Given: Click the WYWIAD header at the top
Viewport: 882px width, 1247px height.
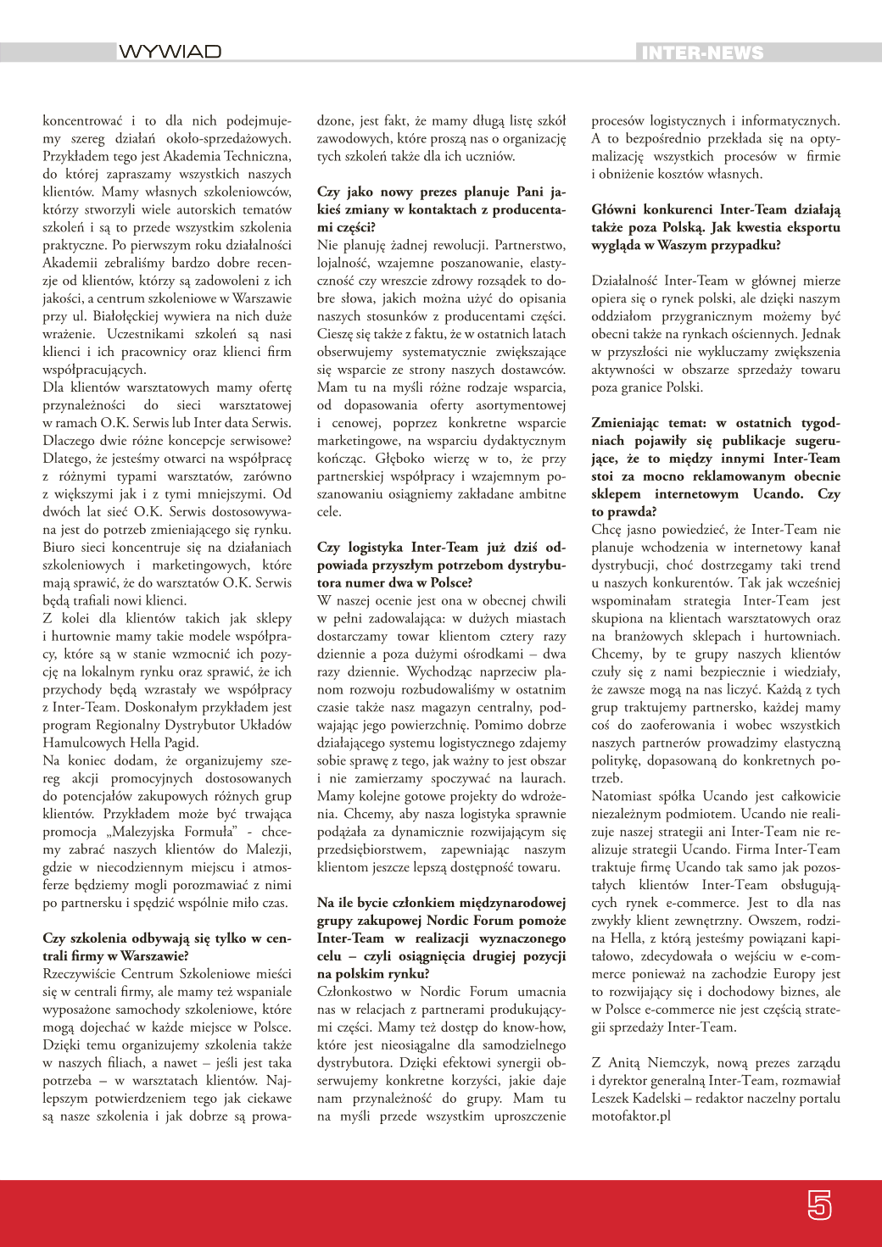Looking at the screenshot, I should [x=170, y=53].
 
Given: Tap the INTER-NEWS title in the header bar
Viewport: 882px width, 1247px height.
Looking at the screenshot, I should [x=702, y=53].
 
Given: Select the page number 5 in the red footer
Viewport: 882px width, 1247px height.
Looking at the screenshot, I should [x=819, y=1205].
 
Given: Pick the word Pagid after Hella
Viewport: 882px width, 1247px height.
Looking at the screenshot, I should [x=180, y=743].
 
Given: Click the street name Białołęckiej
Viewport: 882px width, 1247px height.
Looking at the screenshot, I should [x=131, y=316].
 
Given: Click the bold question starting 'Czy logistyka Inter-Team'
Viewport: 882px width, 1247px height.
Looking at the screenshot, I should [x=441, y=565].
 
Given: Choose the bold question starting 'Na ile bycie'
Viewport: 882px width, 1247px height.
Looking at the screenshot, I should [x=441, y=938].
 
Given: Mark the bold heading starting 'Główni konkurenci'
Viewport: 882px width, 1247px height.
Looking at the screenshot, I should [x=716, y=227].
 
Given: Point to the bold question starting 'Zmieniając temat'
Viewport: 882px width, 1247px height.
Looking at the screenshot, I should [x=716, y=467].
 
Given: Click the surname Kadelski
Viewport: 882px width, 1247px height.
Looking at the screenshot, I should [x=659, y=1098].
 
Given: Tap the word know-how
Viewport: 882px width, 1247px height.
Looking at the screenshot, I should [x=536, y=1027].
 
